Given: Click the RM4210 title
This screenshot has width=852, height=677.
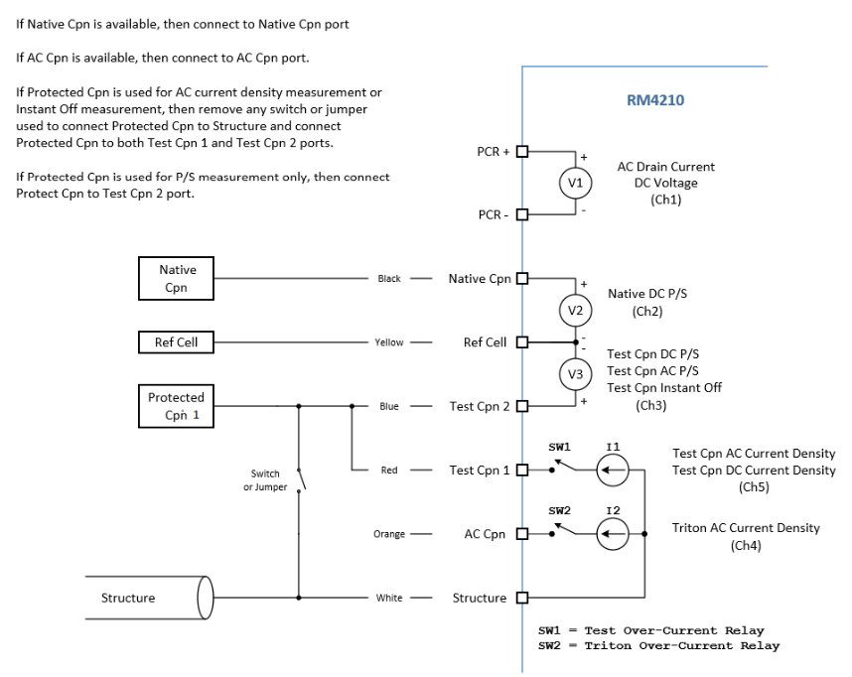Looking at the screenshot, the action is [x=655, y=100].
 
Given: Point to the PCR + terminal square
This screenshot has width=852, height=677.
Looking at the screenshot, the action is [x=522, y=152].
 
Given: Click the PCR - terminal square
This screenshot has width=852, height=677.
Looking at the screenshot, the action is [x=522, y=214].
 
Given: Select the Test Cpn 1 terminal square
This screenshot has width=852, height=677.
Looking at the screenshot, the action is [x=522, y=470].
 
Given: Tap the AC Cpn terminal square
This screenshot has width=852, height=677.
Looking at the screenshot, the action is [x=522, y=533].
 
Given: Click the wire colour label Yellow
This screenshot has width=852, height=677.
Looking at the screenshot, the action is [x=389, y=342].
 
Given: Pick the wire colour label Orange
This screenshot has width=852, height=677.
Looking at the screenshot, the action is [x=389, y=534].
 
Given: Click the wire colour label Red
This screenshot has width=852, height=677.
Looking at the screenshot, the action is [x=389, y=470].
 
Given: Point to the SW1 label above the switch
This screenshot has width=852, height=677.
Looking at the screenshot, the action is [x=559, y=447].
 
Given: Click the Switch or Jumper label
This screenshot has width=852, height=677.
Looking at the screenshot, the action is [x=265, y=480].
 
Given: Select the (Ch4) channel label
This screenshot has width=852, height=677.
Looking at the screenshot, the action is [x=746, y=545].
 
